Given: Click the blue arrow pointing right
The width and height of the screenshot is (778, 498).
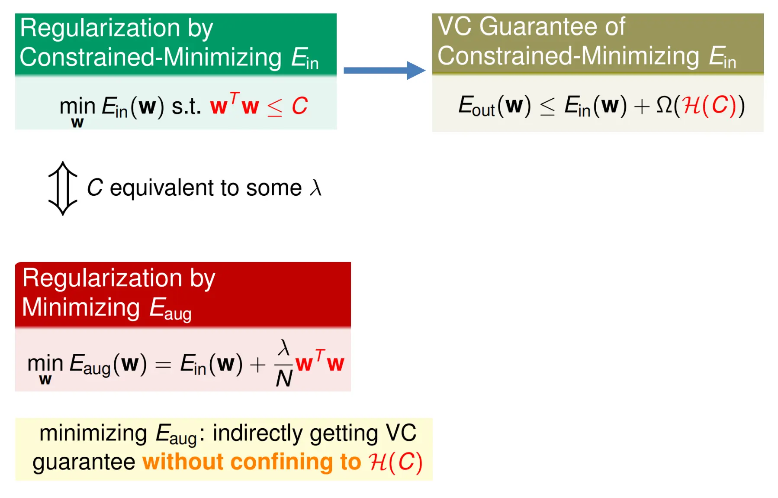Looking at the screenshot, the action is [384, 70].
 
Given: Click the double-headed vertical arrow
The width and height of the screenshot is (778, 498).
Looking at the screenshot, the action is [63, 188].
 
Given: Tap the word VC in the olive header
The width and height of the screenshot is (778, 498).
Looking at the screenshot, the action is [454, 26].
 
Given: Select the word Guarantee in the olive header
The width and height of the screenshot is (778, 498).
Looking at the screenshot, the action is [539, 26].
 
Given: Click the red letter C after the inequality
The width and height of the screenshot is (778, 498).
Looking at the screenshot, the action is [299, 106].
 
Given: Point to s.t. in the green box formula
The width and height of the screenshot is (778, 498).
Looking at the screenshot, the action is [186, 106].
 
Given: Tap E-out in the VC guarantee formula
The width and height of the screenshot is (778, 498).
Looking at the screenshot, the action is [477, 106].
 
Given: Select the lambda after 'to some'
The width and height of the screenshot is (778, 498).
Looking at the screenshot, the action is [316, 188].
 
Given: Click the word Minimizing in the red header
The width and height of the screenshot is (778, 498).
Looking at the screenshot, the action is [81, 307].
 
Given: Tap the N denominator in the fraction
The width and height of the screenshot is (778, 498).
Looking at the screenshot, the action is [284, 379].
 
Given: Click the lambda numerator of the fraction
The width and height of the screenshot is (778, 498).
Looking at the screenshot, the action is [284, 348].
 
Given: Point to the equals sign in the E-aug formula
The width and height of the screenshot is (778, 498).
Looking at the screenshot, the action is [163, 365].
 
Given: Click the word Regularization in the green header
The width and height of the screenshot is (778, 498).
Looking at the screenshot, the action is [100, 28].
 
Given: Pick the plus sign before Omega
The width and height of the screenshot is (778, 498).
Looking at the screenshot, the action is [642, 106].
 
